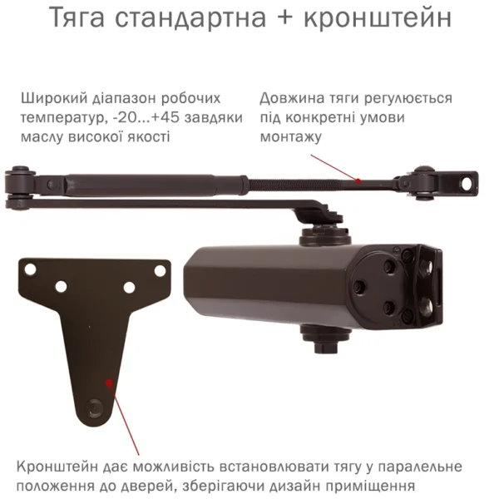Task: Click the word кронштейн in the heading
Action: click(x=384, y=19)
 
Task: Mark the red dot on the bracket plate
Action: click(x=108, y=383)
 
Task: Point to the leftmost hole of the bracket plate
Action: click(x=30, y=270)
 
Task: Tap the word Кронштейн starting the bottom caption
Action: click(x=57, y=467)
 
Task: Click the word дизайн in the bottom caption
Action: click(x=264, y=486)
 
